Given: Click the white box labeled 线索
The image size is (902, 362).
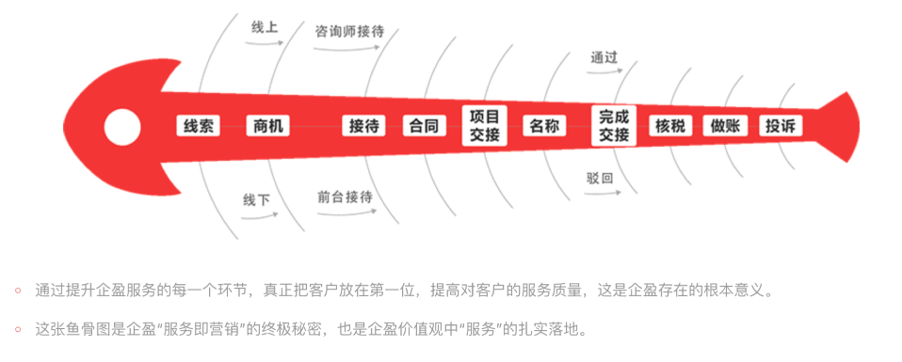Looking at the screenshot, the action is (x=199, y=126).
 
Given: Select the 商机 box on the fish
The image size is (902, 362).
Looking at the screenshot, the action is (x=268, y=126).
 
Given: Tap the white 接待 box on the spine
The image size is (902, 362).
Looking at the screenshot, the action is (x=364, y=126).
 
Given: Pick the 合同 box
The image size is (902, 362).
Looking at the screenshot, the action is (x=425, y=126).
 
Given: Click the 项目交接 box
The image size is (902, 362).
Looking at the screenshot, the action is (x=484, y=126).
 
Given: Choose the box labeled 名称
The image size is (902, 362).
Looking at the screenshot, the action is (x=544, y=126).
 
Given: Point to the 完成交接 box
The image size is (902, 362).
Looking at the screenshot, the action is (x=614, y=126).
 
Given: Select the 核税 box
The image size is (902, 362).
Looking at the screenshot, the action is (x=670, y=126).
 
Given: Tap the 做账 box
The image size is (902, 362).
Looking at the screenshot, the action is (x=725, y=126).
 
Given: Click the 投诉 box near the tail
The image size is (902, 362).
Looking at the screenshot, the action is (x=781, y=126).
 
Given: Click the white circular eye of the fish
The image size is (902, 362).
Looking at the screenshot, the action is (x=122, y=127).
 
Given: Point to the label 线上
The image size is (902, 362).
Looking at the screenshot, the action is (x=265, y=27).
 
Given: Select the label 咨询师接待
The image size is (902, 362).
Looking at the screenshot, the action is (x=349, y=31).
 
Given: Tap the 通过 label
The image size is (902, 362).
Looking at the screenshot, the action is (x=604, y=57).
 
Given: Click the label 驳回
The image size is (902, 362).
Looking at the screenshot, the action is (x=600, y=178).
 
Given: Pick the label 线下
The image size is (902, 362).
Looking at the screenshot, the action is (x=256, y=200).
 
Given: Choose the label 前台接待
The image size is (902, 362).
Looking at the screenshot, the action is (x=346, y=197).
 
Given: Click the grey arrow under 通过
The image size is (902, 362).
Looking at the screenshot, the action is (x=604, y=72).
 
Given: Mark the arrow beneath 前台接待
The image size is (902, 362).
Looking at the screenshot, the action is (x=346, y=213).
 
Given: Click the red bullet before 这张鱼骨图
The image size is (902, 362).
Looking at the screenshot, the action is (x=19, y=329).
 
